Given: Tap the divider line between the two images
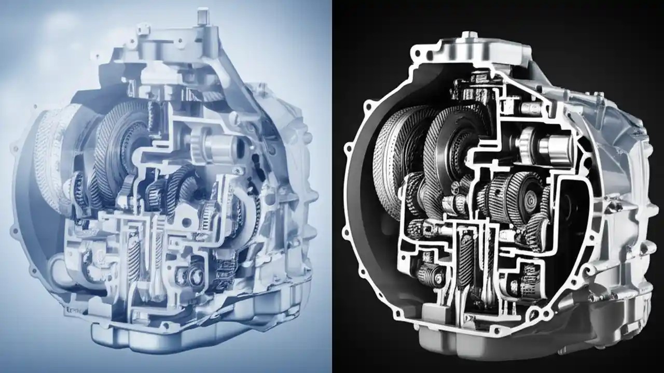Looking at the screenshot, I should click(331, 187).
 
